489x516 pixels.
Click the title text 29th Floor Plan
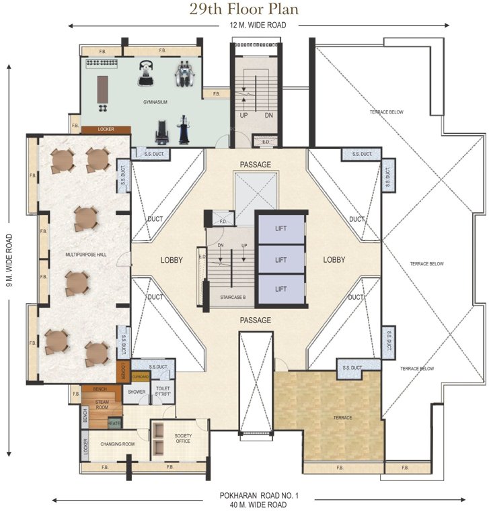(244, 9)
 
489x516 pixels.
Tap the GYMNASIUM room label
(155, 102)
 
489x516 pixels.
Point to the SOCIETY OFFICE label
(183, 439)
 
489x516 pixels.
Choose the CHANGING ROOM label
(118, 444)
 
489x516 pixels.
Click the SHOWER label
(137, 392)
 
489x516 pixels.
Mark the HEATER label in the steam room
(114, 423)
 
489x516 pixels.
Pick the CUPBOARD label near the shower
(140, 377)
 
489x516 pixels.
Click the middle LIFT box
(280, 259)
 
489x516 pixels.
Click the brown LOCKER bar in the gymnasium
(106, 130)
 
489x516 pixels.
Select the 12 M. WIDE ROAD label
(258, 25)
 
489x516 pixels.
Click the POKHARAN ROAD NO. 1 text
(258, 495)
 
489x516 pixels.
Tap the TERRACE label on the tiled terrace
(342, 418)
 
